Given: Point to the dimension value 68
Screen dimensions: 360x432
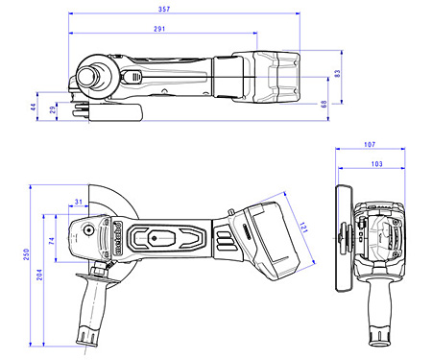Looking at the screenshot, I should pyautogui.click(x=324, y=103).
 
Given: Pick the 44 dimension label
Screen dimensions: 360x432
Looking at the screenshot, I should pyautogui.click(x=33, y=108).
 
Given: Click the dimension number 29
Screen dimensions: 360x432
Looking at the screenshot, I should pyautogui.click(x=52, y=111).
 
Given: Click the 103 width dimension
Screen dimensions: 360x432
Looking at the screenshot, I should pyautogui.click(x=376, y=165).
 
